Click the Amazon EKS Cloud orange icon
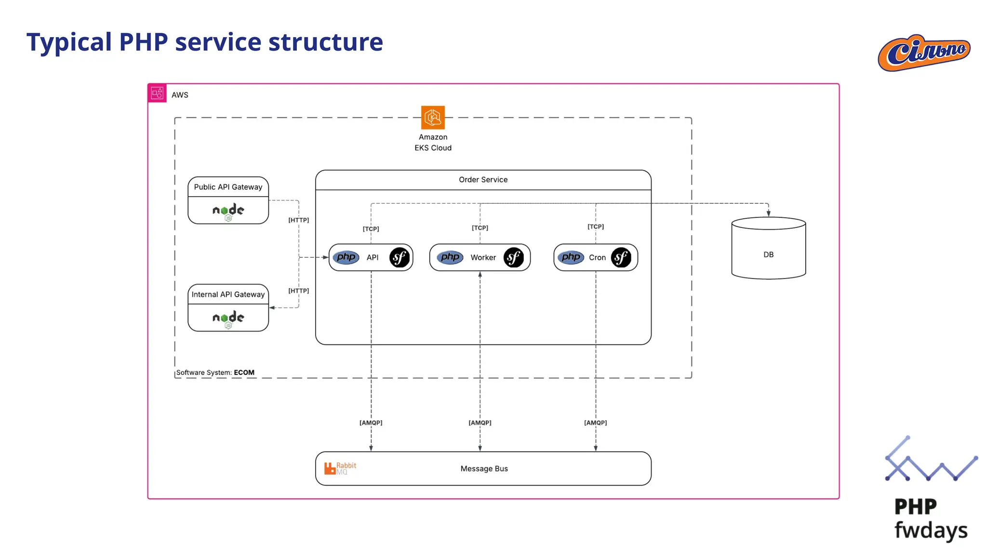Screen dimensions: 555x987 click(x=433, y=118)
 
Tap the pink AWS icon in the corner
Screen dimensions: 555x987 click(x=157, y=93)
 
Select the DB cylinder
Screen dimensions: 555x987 click(x=768, y=249)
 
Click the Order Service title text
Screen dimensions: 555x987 click(x=483, y=180)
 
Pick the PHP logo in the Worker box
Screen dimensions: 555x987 click(x=450, y=257)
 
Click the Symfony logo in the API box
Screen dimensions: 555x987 click(x=400, y=257)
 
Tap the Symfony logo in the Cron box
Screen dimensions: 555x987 click(x=621, y=257)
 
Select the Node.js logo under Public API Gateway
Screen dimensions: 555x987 click(x=228, y=211)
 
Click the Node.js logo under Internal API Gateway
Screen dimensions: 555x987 click(x=228, y=318)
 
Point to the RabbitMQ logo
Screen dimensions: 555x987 click(x=340, y=468)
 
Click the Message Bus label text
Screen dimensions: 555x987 click(x=484, y=469)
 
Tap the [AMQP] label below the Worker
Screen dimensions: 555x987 click(x=480, y=423)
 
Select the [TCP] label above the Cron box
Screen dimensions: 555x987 click(x=595, y=226)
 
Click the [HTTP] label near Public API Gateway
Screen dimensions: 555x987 click(x=298, y=220)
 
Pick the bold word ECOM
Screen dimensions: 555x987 click(x=244, y=372)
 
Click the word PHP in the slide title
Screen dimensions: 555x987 click(x=143, y=42)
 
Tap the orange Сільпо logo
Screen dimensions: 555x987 click(x=924, y=53)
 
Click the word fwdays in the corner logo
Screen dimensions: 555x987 click(x=930, y=530)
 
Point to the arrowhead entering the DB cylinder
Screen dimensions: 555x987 click(x=768, y=213)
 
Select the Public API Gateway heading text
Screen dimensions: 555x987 click(x=228, y=187)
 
